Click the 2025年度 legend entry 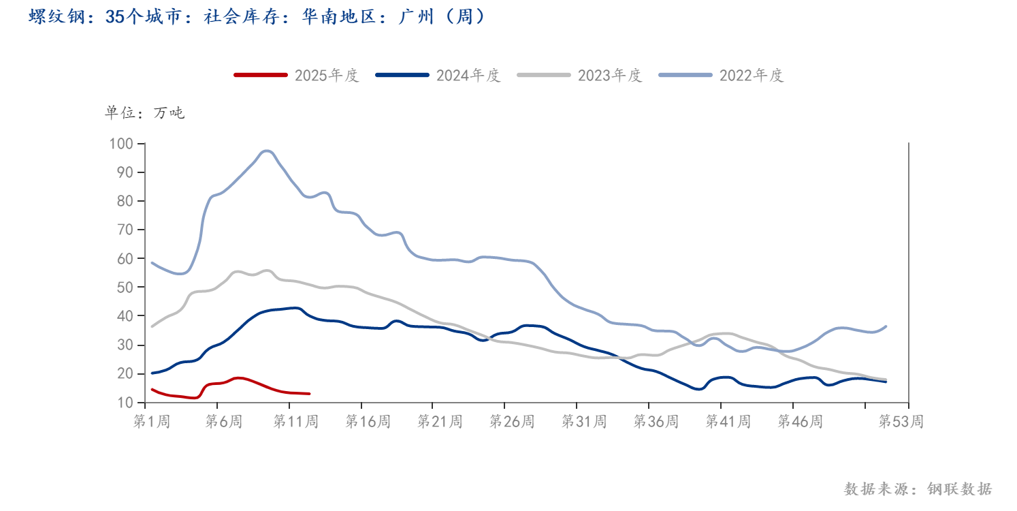click(296, 75)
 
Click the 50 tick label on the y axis click(125, 288)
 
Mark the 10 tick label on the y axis click(125, 403)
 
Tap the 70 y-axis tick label click(125, 230)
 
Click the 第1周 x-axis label click(151, 422)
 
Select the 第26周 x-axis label click(512, 422)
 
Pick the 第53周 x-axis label click(901, 422)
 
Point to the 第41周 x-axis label click(728, 422)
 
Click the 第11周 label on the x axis click(295, 422)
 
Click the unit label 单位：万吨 click(144, 113)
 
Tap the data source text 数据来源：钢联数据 click(918, 489)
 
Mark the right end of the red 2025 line click(309, 394)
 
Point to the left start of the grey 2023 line click(152, 326)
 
